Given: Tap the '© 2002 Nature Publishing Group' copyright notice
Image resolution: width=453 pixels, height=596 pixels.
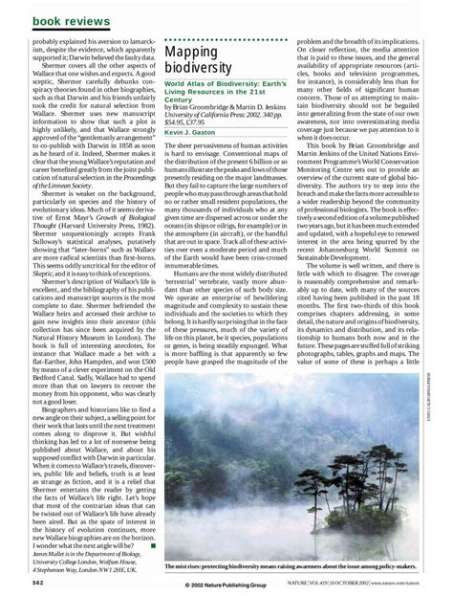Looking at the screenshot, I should [226, 585].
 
